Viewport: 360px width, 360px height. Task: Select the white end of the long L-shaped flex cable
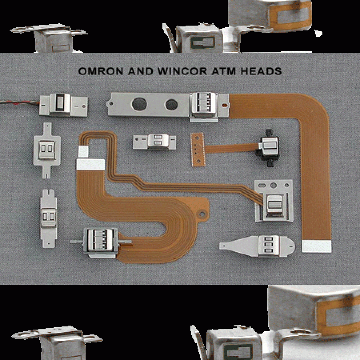click(317, 246)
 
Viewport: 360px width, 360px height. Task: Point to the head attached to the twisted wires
click(62, 104)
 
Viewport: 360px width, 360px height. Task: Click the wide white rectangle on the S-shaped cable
click(90, 164)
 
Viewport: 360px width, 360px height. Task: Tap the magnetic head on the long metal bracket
click(204, 106)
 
